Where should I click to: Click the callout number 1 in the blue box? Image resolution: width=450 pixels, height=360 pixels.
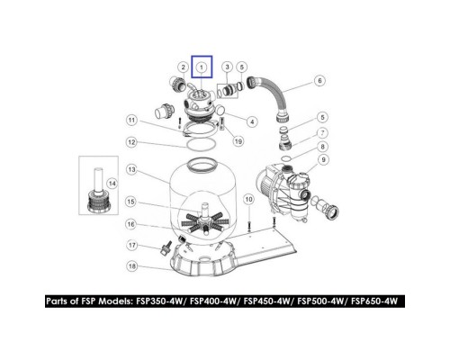tap(202, 67)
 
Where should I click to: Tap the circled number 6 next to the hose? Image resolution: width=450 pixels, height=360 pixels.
tap(319, 80)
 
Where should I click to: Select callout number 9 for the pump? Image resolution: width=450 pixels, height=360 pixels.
tap(323, 159)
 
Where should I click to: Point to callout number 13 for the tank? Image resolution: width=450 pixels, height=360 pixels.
tap(132, 170)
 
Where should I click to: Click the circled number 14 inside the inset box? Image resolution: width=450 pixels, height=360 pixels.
tap(112, 184)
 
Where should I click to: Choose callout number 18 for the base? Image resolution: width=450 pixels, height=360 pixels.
tap(132, 266)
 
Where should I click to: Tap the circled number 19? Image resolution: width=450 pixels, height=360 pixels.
tap(238, 141)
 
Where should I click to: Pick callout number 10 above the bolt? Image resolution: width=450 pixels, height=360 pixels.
tap(248, 199)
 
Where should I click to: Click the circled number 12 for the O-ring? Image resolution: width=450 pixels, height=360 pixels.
tap(131, 142)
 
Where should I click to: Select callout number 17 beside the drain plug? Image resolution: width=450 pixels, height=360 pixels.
tap(132, 246)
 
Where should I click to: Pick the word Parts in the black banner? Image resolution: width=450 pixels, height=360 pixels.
tap(58, 301)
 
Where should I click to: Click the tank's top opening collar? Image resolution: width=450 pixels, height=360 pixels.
tap(202, 166)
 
